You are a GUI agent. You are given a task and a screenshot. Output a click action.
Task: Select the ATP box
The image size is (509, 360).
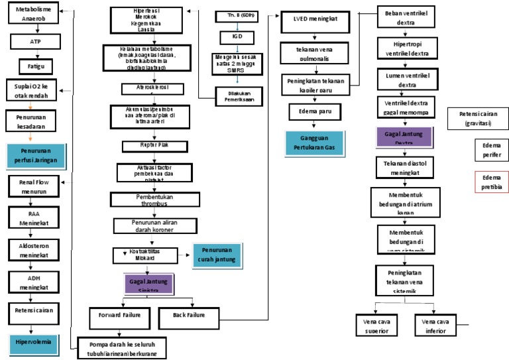coord(35,41)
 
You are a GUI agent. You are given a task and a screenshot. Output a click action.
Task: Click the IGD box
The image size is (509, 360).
coord(237,38)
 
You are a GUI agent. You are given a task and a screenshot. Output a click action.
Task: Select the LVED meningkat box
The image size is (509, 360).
coord(312,19)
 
